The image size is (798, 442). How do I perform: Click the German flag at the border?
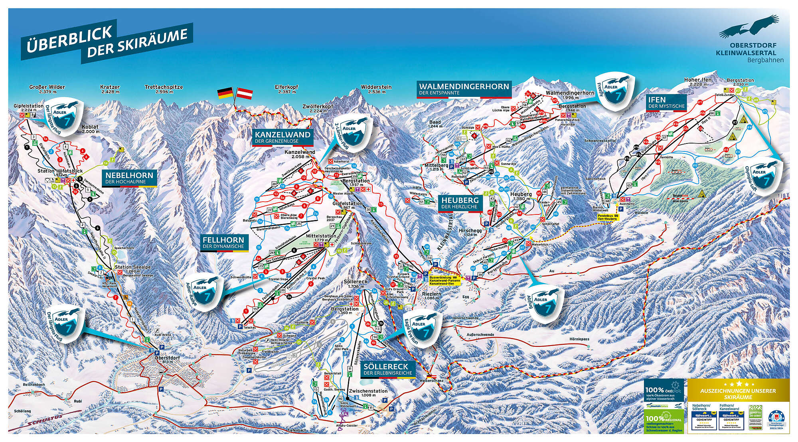[225, 94]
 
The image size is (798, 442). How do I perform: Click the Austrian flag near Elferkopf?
[245, 94]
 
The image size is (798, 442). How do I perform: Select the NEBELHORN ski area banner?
[129, 178]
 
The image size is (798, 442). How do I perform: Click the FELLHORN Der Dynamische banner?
[223, 242]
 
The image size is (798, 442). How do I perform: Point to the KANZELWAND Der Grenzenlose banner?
[282, 137]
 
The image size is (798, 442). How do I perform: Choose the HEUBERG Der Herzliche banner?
[460, 203]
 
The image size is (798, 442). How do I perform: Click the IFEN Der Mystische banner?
[666, 102]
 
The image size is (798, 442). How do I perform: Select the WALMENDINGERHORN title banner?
[464, 89]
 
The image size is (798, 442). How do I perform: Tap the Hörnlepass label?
[579, 339]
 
